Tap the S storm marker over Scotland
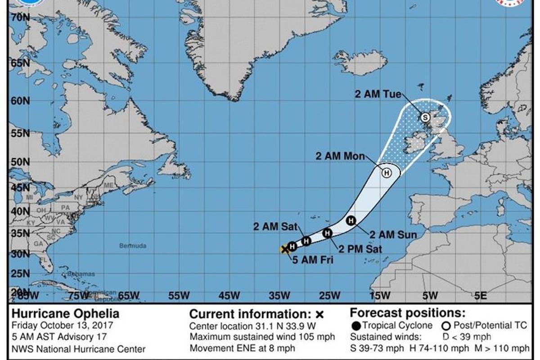pos(425,117)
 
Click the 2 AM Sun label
pos(393,234)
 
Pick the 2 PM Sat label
pos(360,249)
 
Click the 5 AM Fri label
pos(313,260)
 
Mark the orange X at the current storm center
pos(285,249)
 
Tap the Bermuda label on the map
pos(133,246)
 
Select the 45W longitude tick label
pos(229,296)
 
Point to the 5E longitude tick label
pos(481,296)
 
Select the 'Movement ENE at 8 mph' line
pos(242,348)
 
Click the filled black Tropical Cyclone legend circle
pos(356,325)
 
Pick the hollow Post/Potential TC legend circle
pos(446,325)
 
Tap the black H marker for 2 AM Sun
pos(351,220)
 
